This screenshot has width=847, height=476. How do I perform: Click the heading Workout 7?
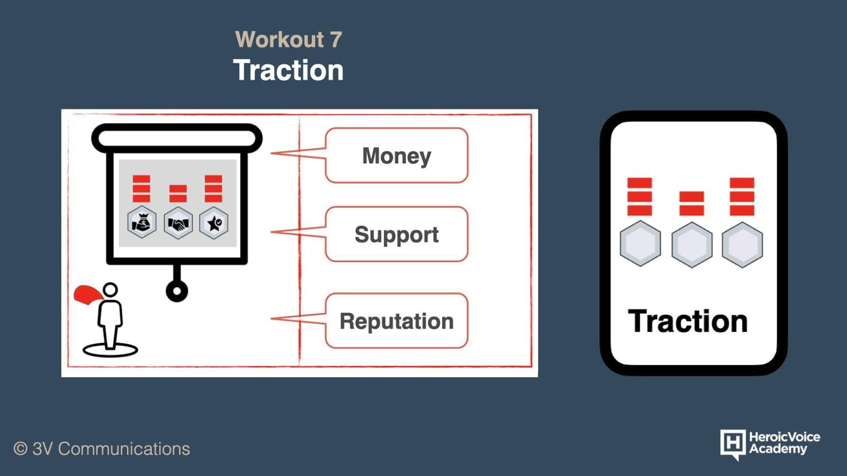[289, 39]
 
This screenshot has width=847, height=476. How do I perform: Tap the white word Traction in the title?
[289, 70]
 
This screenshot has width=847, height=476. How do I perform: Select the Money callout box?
[397, 155]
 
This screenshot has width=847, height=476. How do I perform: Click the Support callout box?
[397, 234]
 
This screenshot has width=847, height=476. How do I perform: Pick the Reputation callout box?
[397, 321]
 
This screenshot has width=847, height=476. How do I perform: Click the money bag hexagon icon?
[142, 222]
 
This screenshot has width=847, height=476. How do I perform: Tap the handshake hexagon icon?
[178, 223]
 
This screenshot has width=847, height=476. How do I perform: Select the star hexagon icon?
[214, 223]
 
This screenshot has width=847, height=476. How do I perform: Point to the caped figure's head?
[111, 290]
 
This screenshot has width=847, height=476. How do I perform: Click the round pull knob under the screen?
[177, 291]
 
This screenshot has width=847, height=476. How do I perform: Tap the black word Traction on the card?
[688, 322]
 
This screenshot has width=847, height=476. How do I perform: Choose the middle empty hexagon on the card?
[692, 245]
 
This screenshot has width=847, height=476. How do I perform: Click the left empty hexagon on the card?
[641, 244]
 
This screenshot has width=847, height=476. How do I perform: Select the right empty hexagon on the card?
[742, 245]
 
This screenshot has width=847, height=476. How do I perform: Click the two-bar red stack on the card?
[691, 204]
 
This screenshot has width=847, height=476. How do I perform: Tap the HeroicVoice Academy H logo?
[733, 444]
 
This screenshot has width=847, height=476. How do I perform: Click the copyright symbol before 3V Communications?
[21, 449]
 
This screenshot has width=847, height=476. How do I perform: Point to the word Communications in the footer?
[124, 449]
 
